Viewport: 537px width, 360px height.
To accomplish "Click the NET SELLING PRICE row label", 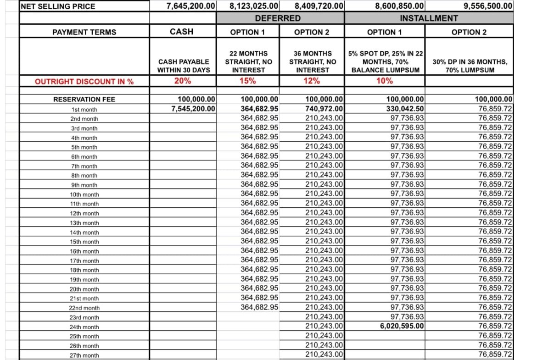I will [x=58, y=6].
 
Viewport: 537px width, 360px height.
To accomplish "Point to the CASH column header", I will [x=182, y=32].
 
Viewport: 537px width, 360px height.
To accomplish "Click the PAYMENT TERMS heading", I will [x=84, y=32].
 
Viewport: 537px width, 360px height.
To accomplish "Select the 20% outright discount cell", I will [x=182, y=81].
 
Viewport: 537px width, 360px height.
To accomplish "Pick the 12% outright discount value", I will [x=312, y=81].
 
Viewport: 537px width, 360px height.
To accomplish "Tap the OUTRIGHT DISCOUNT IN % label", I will [x=84, y=82].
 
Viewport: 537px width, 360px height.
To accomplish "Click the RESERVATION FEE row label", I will [x=84, y=100].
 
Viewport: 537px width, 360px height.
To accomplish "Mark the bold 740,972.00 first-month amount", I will [x=324, y=109].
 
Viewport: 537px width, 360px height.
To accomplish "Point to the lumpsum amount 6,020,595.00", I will [x=400, y=326].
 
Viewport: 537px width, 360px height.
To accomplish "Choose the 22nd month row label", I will [x=84, y=308].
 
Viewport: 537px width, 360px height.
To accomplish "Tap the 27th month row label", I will [x=84, y=355].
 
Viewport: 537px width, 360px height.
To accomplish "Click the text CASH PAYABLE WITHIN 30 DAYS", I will [x=184, y=66].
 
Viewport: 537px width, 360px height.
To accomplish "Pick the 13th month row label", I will [x=84, y=223].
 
